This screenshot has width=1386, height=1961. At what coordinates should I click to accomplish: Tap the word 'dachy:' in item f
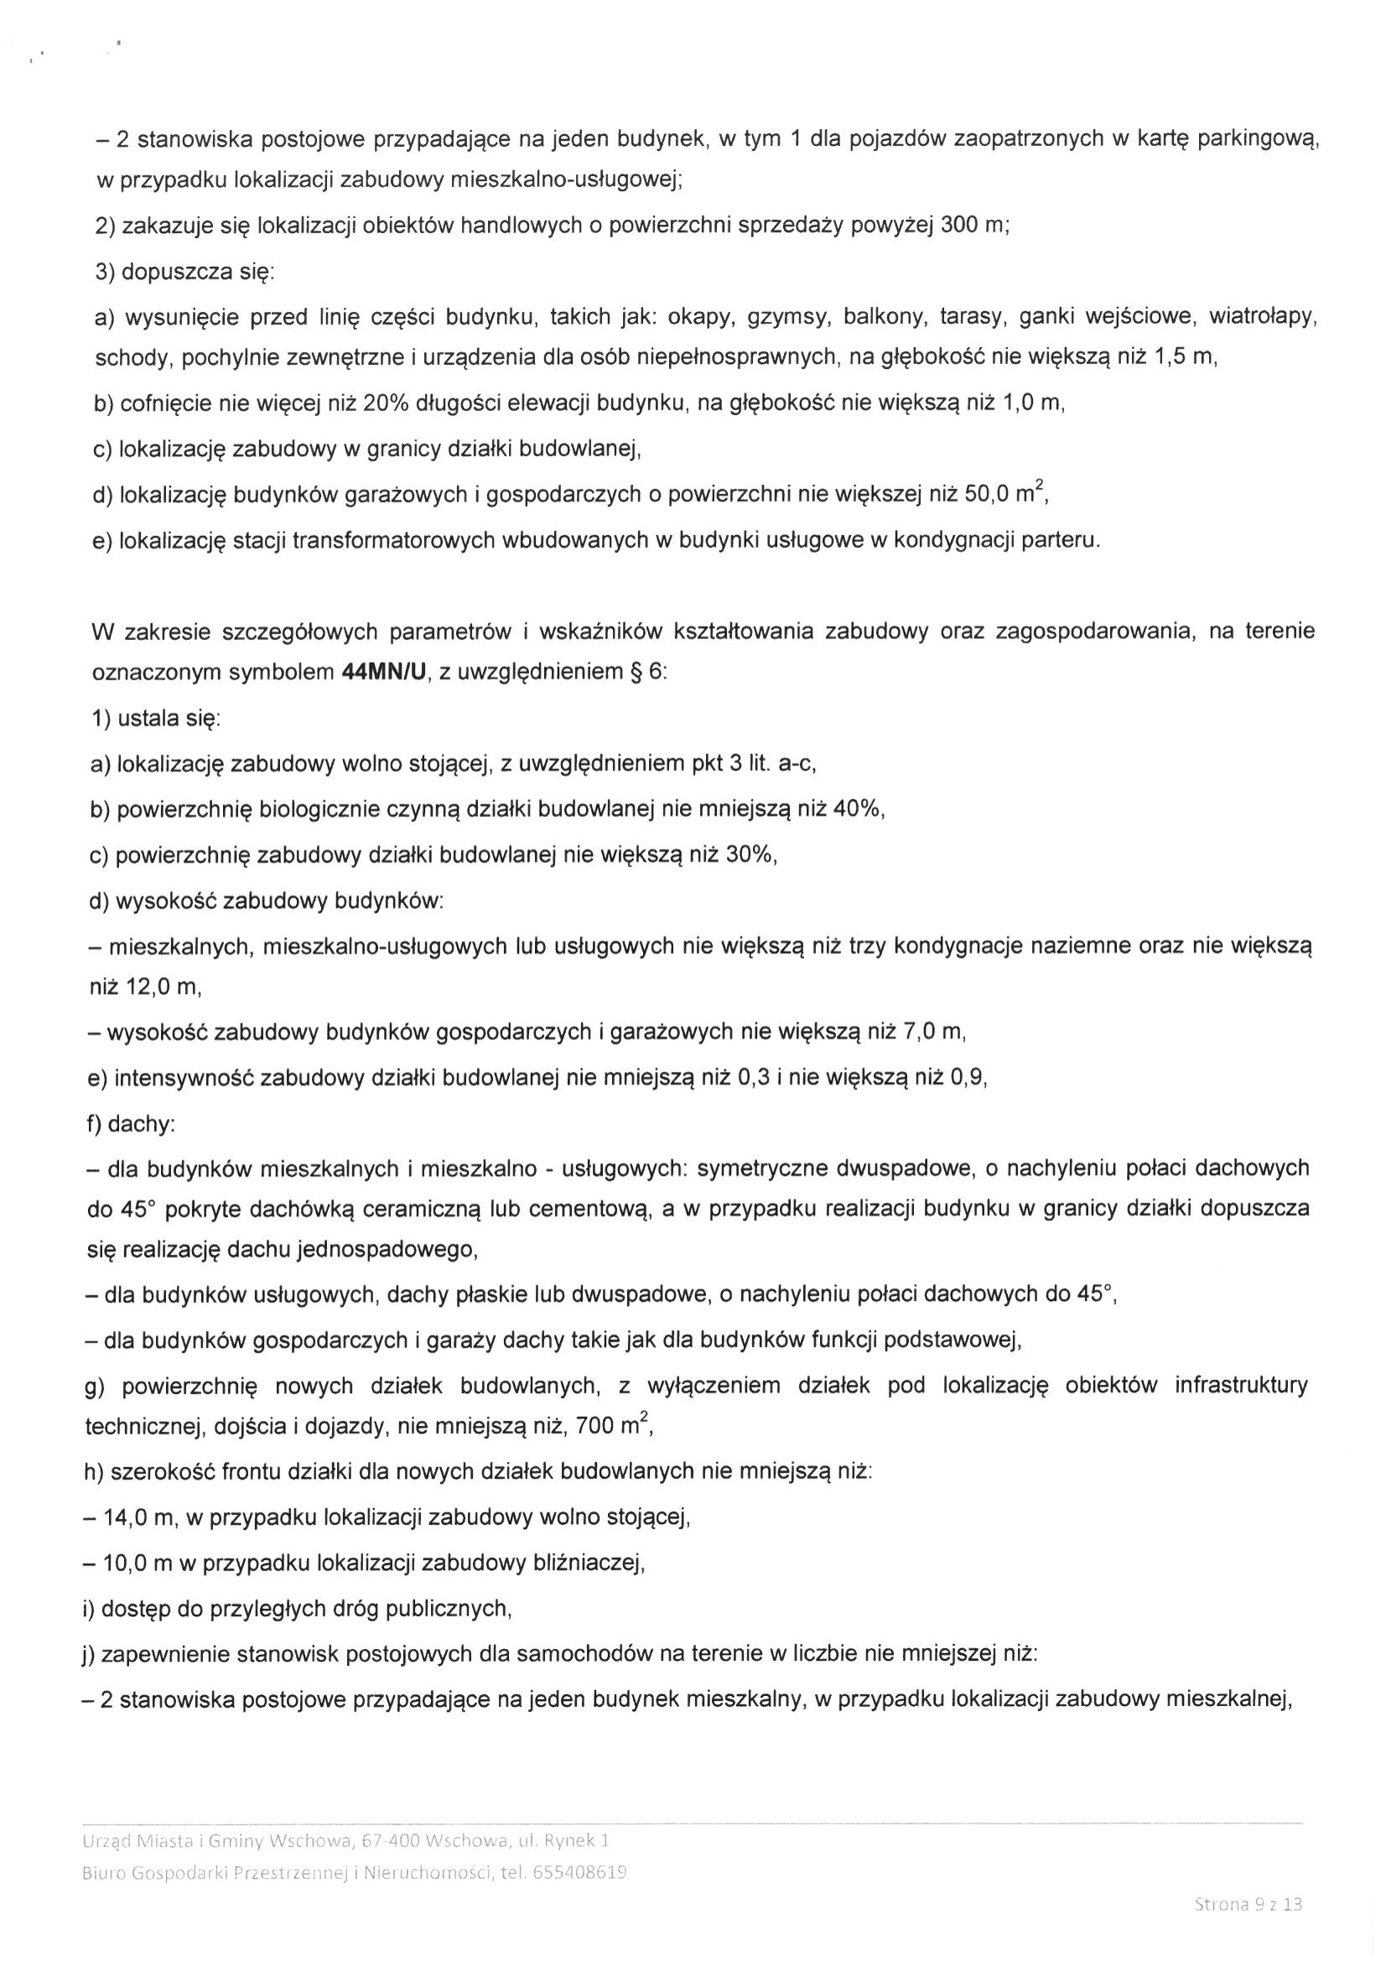[x=140, y=1124]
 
